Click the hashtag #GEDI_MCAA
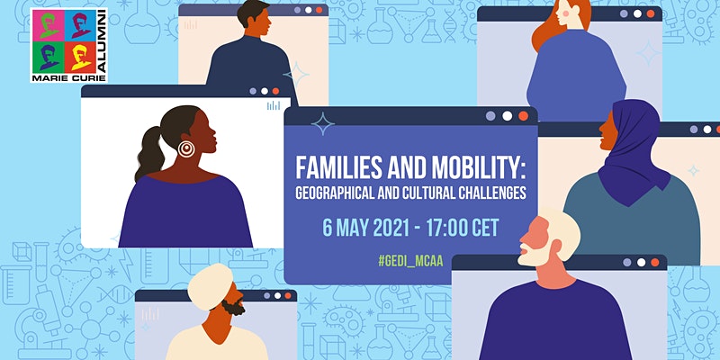pyautogui.click(x=410, y=261)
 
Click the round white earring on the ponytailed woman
pyautogui.click(x=186, y=148)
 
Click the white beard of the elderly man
pyautogui.click(x=534, y=256)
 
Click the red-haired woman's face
pyautogui.click(x=563, y=13)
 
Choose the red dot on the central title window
pyautogui.click(x=524, y=116)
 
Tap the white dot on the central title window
pyautogui.click(x=507, y=116)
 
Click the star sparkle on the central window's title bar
pyautogui.click(x=323, y=123)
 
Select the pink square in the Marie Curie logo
pyautogui.click(x=49, y=26)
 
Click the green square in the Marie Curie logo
pyautogui.click(x=49, y=58)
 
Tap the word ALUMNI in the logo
pyautogui.click(x=103, y=41)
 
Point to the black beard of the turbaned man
pyautogui.click(x=233, y=307)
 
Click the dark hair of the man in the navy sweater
pyautogui.click(x=252, y=12)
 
